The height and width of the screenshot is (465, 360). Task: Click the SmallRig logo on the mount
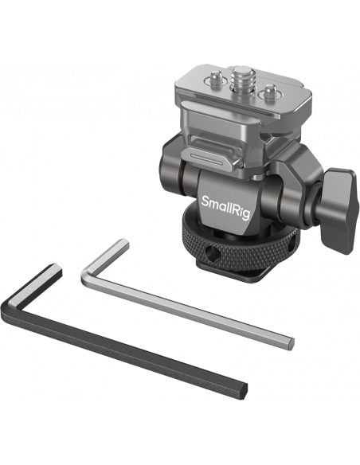tap(225, 206)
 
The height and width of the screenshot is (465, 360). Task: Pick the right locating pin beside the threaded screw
tap(268, 92)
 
